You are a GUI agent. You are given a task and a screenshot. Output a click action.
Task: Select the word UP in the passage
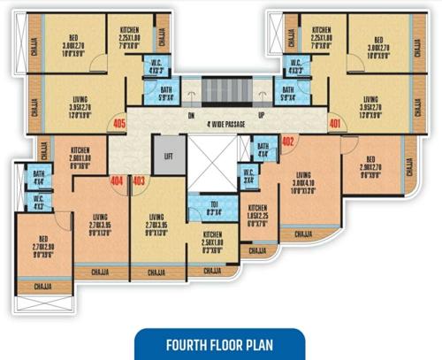coord(262,115)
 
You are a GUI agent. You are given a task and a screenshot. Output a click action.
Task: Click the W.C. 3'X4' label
coord(248,175)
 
